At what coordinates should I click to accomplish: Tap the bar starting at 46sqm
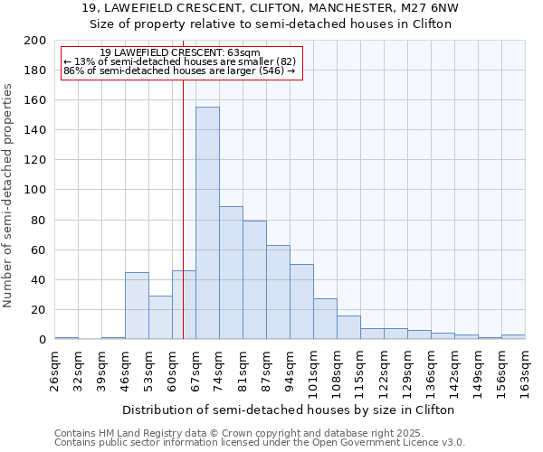[137, 306]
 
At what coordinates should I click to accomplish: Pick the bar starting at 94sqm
[301, 302]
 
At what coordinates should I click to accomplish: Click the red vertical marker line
[183, 226]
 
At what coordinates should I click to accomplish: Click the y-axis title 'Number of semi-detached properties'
[9, 195]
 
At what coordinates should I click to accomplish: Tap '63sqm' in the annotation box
[244, 53]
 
